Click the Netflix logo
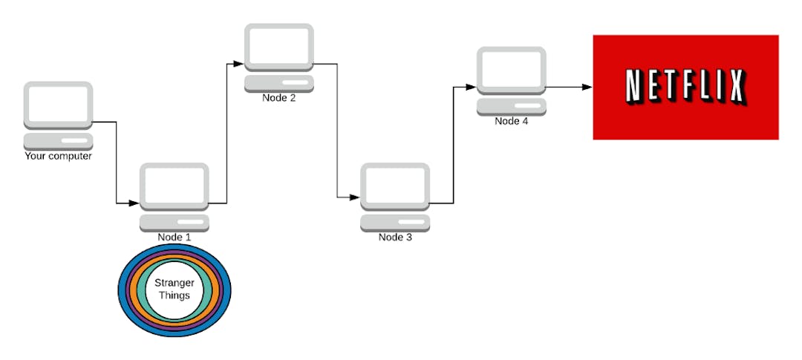coord(685,87)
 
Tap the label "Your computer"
coord(58,156)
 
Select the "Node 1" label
coord(175,238)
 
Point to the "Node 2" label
coord(279,98)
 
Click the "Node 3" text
coord(395,238)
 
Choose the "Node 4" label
coord(512,121)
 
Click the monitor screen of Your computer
coord(58,104)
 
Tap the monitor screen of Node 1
coord(175,186)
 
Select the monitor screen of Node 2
coord(279,46)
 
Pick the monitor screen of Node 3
coord(395,186)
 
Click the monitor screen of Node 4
coord(512,70)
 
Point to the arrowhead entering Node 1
coord(134,203)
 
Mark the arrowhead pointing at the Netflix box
coord(587,87)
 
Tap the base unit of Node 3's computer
coord(395,223)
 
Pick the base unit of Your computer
coord(58,141)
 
